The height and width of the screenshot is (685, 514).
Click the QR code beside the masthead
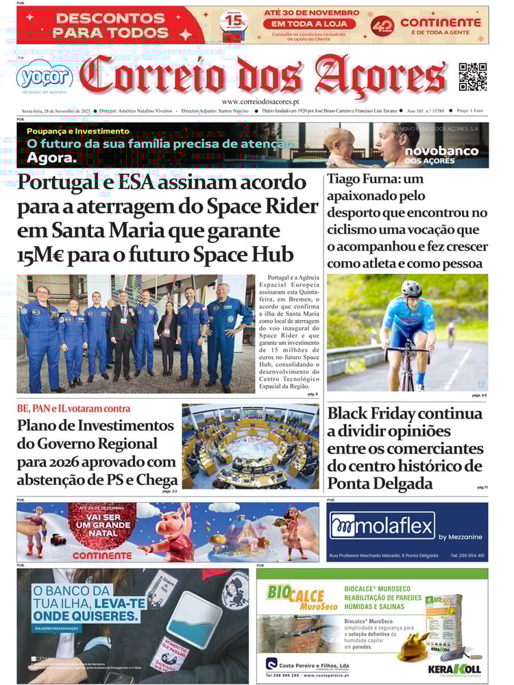(x=472, y=76)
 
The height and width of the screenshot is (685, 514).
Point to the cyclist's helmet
(x=412, y=288)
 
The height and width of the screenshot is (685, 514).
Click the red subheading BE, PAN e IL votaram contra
(x=73, y=409)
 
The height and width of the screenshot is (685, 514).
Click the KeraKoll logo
(x=454, y=669)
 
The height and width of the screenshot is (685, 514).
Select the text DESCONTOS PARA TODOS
(x=111, y=25)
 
